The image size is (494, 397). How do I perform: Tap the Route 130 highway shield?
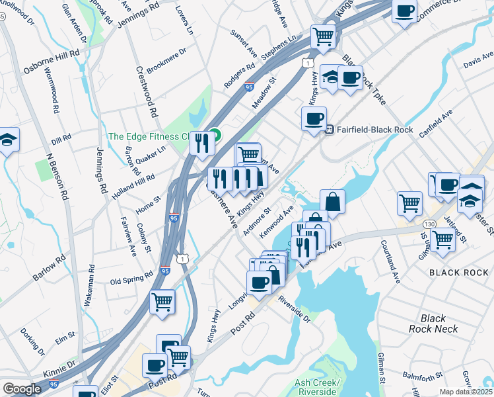pos(429,225)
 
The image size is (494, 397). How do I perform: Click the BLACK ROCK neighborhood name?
pos(459,273)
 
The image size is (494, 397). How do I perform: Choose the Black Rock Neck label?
pos(433,324)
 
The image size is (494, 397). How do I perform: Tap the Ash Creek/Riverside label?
pos(317,388)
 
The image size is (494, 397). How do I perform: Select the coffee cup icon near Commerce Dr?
pos(404,11)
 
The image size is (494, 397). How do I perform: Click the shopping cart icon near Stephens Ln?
pos(323,36)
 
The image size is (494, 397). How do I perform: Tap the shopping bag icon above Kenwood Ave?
pos(333,201)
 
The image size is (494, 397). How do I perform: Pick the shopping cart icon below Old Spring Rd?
pos(162,302)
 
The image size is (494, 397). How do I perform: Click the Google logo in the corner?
pos(22,389)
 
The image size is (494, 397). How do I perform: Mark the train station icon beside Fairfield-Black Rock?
pos(327,130)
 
